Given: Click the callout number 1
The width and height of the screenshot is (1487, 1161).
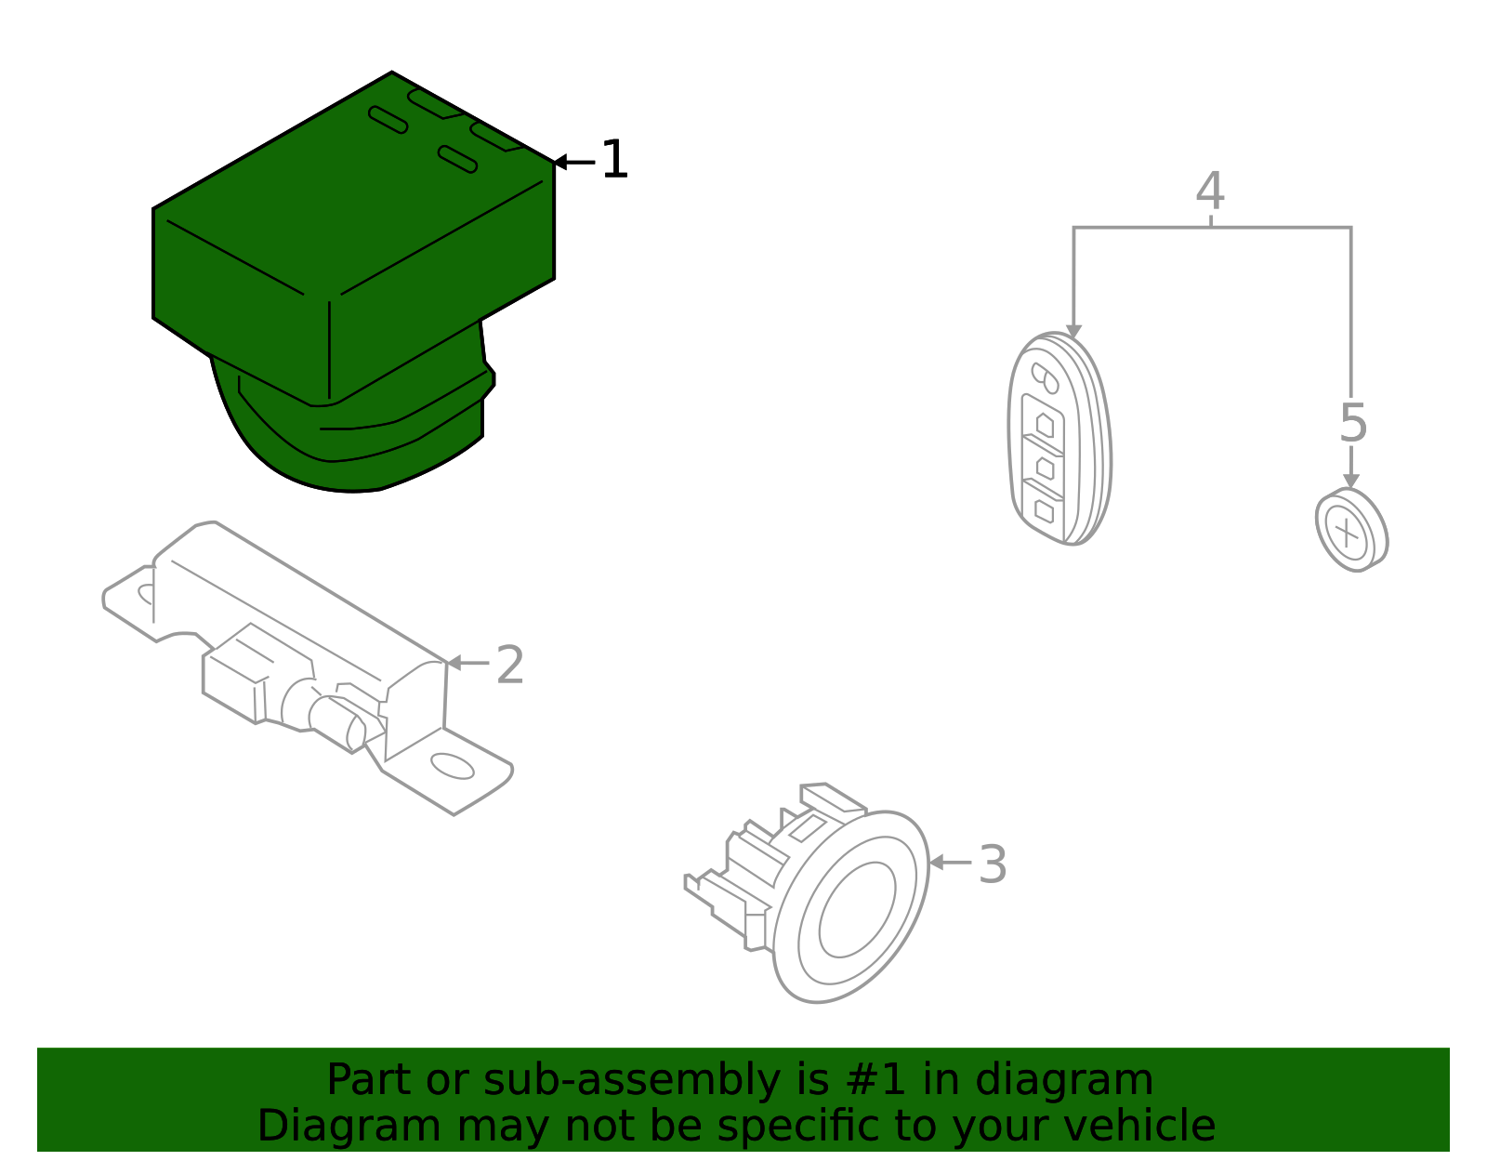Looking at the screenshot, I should [614, 161].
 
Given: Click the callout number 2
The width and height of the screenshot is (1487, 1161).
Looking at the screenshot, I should [510, 666].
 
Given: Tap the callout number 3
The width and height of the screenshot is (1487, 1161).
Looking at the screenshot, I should [993, 865].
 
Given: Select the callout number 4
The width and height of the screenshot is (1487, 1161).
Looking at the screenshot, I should [1209, 191].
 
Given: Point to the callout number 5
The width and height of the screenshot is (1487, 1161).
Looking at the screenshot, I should [1353, 423].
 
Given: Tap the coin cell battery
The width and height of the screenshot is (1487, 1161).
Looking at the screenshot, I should [1351, 531].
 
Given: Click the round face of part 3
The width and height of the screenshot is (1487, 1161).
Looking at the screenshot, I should [856, 910].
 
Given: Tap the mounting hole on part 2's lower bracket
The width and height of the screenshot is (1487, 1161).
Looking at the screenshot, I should [453, 767].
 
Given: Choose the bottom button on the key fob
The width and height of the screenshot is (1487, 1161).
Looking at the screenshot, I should [1044, 510].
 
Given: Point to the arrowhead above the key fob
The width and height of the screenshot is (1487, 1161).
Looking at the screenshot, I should [1073, 332].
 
